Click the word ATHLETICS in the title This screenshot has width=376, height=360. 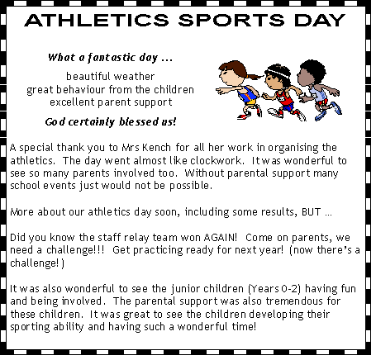click(97, 20)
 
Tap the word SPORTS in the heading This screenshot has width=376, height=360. click(231, 20)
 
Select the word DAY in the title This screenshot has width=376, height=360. click(320, 20)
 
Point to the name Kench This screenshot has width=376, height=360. click(157, 148)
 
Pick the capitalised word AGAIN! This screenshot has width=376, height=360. click(221, 237)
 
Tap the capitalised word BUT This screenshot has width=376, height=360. click(312, 211)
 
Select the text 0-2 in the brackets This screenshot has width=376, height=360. click(290, 288)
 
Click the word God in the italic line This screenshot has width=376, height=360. click(55, 121)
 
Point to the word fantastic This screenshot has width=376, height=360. click(112, 57)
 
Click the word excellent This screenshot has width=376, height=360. click(72, 102)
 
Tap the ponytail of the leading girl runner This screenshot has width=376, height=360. click(255, 76)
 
